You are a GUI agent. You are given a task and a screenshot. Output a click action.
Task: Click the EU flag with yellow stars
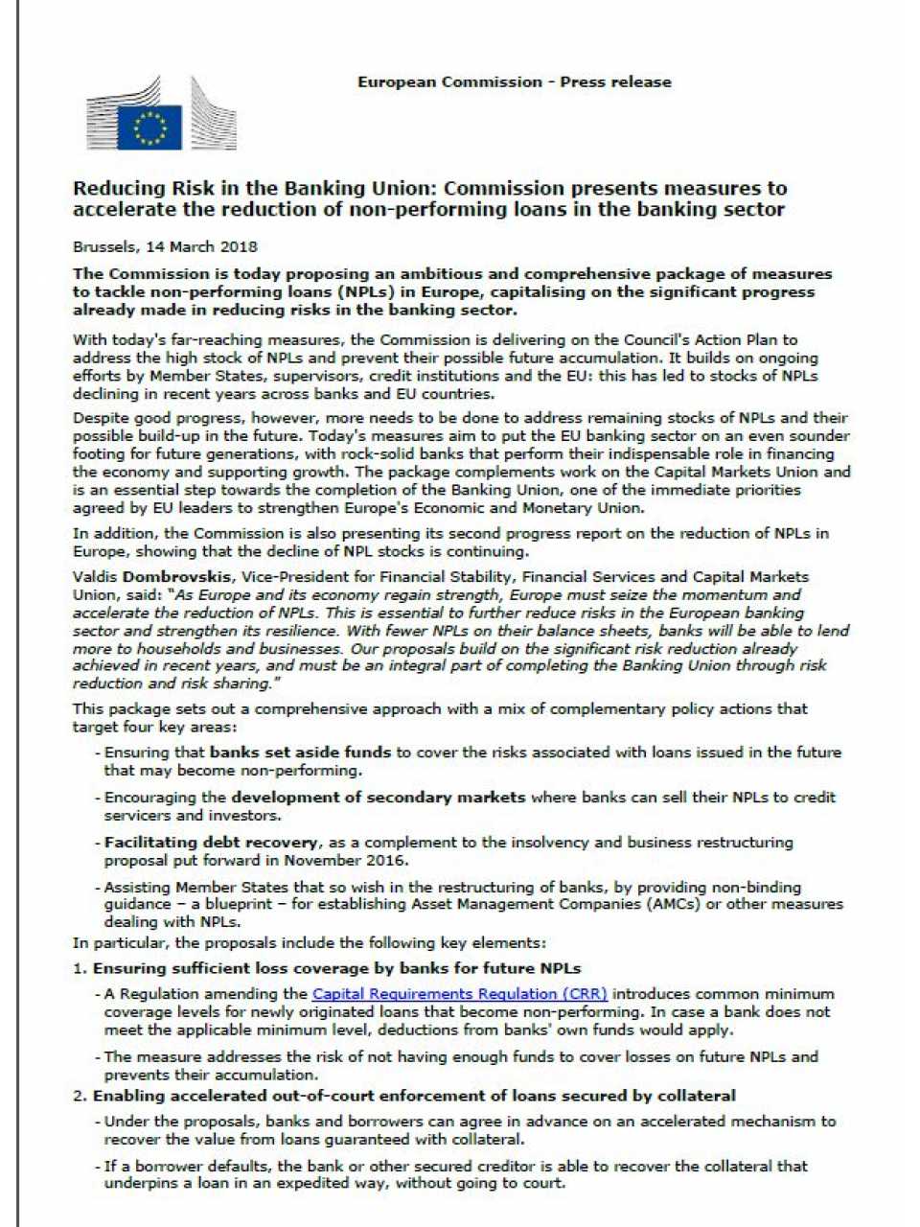[149, 126]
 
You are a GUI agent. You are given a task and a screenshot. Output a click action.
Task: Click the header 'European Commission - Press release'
[514, 82]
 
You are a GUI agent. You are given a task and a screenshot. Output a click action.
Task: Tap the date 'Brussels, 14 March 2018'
[165, 246]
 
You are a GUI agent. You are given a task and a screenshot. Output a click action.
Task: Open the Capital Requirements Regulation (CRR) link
[459, 994]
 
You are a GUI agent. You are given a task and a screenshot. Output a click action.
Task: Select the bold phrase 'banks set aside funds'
[300, 752]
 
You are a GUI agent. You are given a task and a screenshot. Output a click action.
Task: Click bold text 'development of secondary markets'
[378, 798]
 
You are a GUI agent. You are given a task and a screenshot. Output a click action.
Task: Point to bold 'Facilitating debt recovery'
[211, 843]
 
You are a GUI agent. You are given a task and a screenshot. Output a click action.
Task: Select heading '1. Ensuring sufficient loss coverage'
[327, 968]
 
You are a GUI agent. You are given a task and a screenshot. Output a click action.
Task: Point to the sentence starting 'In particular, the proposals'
[310, 943]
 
